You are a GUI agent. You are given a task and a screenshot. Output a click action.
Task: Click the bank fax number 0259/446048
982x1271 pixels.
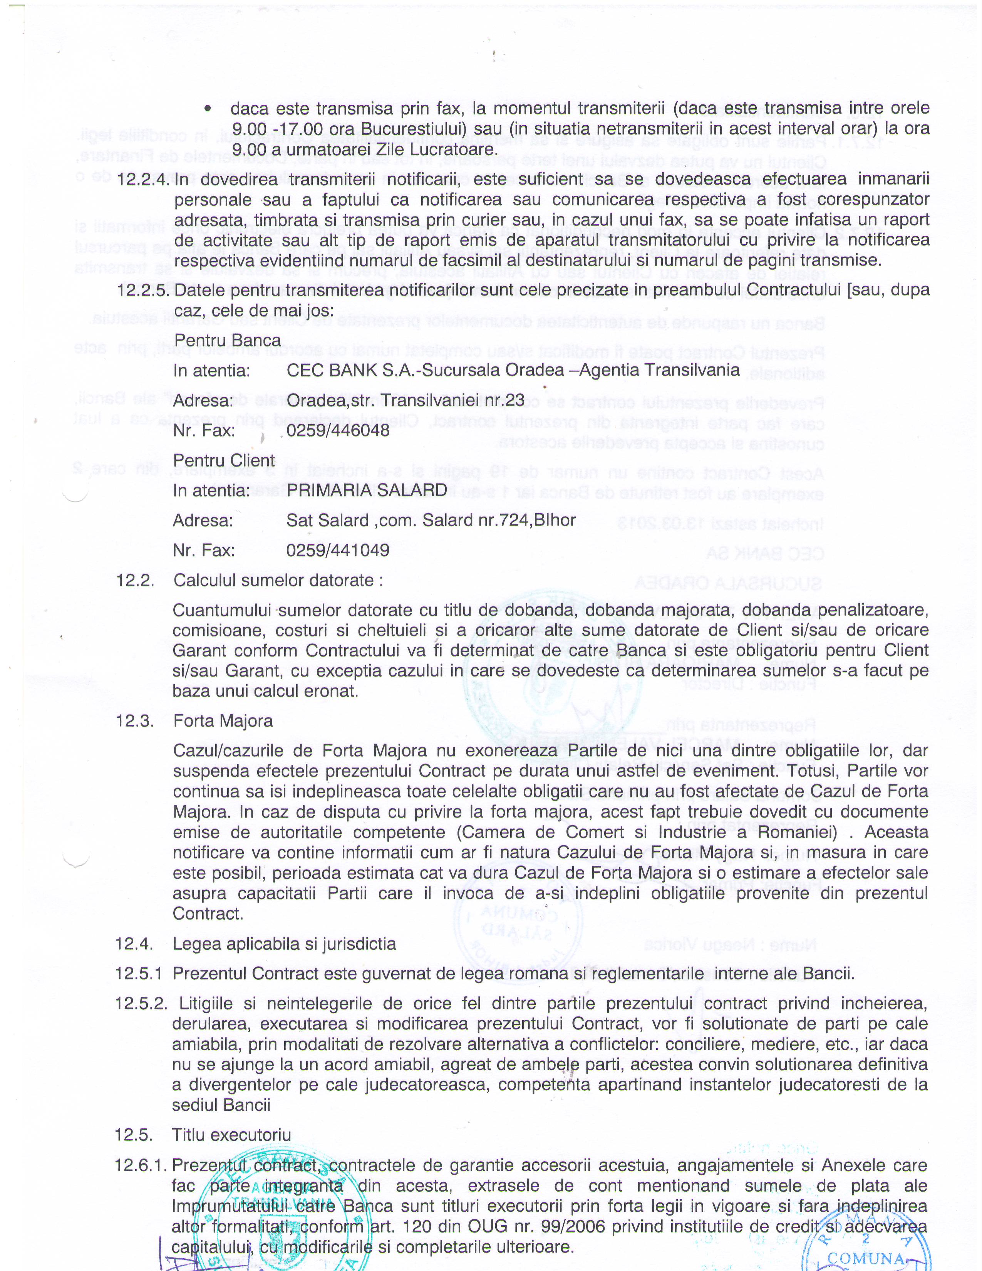[338, 431]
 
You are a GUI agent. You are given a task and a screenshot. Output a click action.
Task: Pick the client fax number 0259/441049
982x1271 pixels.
[338, 550]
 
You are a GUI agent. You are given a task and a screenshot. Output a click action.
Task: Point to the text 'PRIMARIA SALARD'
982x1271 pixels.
[367, 490]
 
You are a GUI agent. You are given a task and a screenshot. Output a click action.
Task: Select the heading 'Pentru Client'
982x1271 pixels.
[224, 460]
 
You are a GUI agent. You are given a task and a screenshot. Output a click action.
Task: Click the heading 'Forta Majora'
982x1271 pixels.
[223, 721]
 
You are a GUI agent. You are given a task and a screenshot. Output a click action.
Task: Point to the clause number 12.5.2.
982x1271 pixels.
[141, 1003]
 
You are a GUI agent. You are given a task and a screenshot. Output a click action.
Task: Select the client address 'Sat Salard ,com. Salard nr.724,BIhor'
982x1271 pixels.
[431, 520]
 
